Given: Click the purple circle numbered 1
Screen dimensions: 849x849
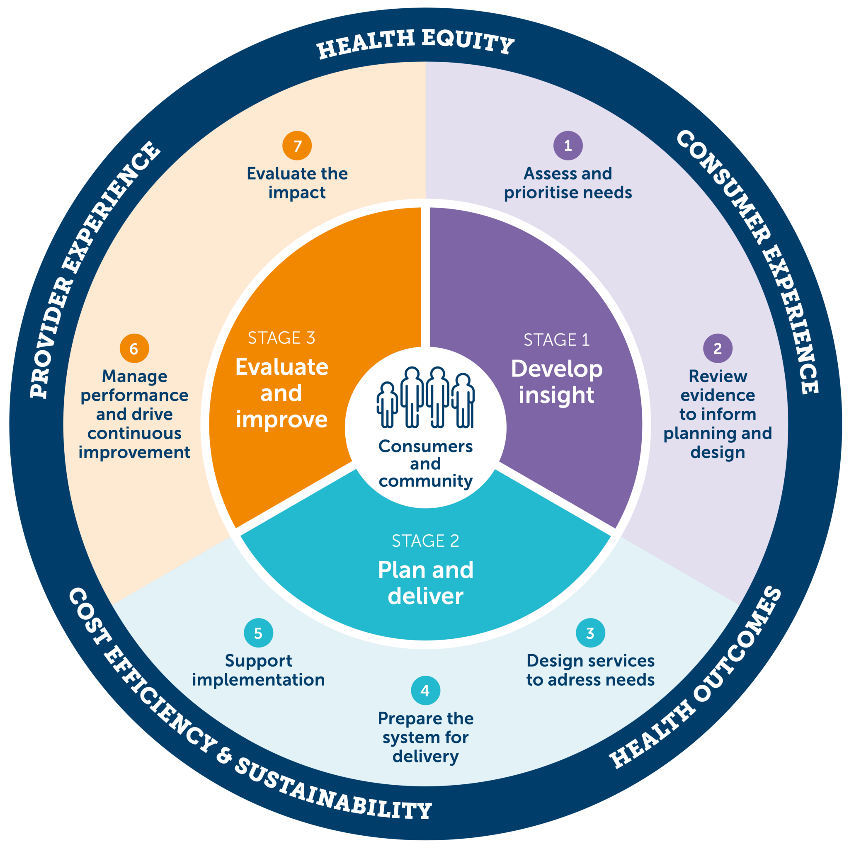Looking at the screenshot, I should (x=568, y=146).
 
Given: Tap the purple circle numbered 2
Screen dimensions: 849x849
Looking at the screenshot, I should (x=718, y=349).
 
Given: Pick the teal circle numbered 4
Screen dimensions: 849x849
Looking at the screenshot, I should (x=425, y=690).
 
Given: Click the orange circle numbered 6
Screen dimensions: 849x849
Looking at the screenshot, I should (x=134, y=349).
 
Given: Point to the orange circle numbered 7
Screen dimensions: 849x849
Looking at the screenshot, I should (x=297, y=146).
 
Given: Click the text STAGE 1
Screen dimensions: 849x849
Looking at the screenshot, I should (x=556, y=340).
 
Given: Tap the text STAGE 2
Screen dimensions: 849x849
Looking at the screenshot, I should (x=425, y=541).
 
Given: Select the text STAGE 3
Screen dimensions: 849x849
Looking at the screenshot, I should (x=281, y=338).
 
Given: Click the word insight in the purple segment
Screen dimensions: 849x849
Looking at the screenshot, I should (x=556, y=395).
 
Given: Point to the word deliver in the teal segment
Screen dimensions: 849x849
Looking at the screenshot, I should (x=425, y=596).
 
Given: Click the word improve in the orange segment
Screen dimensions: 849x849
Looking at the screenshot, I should (x=281, y=419).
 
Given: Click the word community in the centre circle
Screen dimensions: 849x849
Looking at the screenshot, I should (x=425, y=481).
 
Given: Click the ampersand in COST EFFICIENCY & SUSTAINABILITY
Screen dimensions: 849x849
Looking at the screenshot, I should (x=224, y=755).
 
